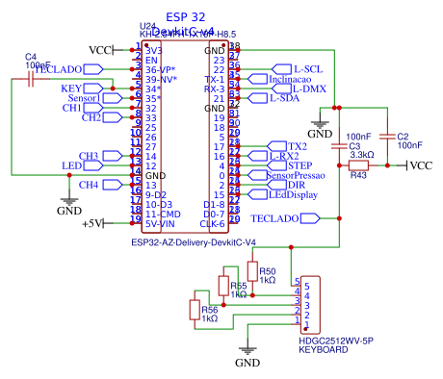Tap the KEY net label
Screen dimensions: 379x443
[x=73, y=88]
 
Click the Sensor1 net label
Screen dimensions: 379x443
[x=84, y=99]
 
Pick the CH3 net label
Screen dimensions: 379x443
[x=89, y=156]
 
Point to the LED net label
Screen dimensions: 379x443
[x=71, y=166]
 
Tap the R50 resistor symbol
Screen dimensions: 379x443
[x=252, y=273]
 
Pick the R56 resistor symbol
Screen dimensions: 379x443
[x=195, y=310]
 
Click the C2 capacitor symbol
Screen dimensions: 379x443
[x=388, y=139]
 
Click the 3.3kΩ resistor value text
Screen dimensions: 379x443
[x=361, y=154]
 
